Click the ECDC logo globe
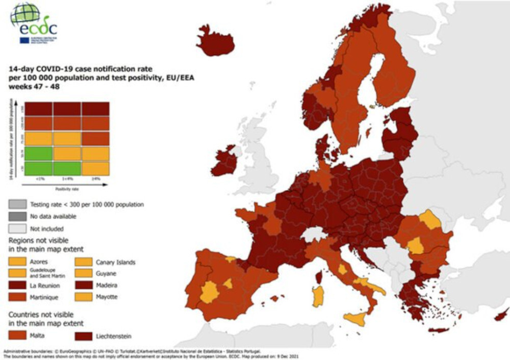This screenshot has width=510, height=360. pos(23,16)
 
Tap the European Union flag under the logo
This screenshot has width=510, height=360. pos(24,40)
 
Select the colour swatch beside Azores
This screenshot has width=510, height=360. pos(17,263)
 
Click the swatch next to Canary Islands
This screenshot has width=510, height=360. pos(84,263)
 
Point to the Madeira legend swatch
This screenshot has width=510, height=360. pos(84,286)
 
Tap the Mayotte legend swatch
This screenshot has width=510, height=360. pos(84,297)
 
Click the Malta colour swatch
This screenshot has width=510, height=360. pos(17,335)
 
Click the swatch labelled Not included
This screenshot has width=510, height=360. pos(17,229)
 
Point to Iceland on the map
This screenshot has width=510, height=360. pos(215,41)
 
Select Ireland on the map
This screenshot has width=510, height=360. pos(224,161)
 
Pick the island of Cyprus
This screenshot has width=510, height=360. pos(501,314)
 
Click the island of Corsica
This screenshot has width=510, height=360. pos(321,277)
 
